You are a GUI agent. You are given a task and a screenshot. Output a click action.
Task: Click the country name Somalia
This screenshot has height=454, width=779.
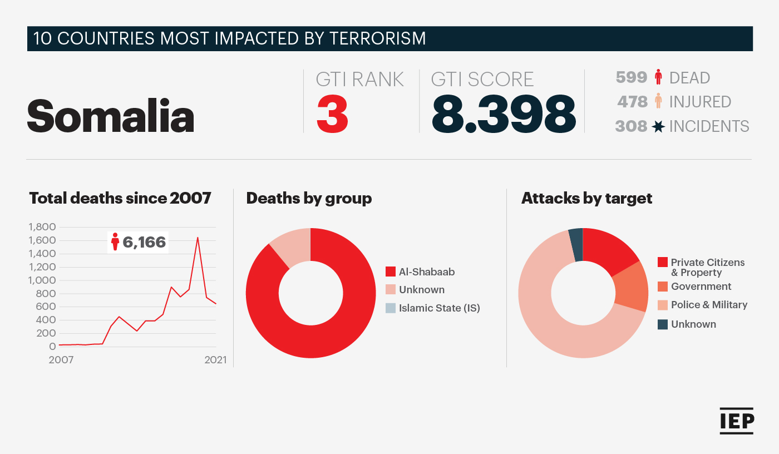[111, 115]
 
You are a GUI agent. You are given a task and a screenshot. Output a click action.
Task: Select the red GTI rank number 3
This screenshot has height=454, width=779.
[332, 114]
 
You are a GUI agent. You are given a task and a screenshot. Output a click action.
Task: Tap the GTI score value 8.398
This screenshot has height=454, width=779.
[503, 114]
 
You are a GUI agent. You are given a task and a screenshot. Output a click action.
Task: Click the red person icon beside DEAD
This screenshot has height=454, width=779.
[658, 77]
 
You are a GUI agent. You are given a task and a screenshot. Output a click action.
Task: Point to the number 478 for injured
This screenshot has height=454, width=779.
[632, 102]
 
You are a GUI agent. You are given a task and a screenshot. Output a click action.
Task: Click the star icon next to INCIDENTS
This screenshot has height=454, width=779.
[658, 126]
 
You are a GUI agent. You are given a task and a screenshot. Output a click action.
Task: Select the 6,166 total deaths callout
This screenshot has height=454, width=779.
[138, 242]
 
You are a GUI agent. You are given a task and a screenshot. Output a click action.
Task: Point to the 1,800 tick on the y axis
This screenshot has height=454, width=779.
[42, 227]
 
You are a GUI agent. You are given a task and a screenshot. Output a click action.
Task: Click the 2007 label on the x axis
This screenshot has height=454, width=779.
[61, 360]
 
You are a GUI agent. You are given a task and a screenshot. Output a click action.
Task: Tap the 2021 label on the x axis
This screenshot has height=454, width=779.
[216, 360]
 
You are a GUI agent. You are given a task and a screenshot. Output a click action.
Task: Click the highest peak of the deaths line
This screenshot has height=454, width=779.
[198, 238]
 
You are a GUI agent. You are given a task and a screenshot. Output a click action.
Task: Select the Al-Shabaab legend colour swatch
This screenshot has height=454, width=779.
[391, 272]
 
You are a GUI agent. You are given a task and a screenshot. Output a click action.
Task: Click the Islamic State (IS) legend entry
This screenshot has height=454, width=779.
[433, 308]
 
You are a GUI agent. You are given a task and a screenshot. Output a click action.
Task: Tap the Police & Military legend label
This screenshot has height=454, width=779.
[709, 305]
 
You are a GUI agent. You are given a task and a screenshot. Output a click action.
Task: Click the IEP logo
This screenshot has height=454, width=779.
[737, 421]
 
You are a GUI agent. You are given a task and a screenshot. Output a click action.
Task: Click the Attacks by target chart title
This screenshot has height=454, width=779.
[586, 199]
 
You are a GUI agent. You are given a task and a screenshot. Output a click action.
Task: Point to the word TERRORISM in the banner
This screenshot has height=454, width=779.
[378, 38]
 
